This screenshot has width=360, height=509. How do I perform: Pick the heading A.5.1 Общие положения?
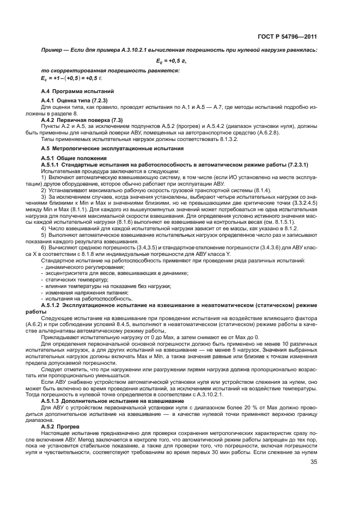[73, 158]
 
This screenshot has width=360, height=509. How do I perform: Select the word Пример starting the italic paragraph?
[53, 50]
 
